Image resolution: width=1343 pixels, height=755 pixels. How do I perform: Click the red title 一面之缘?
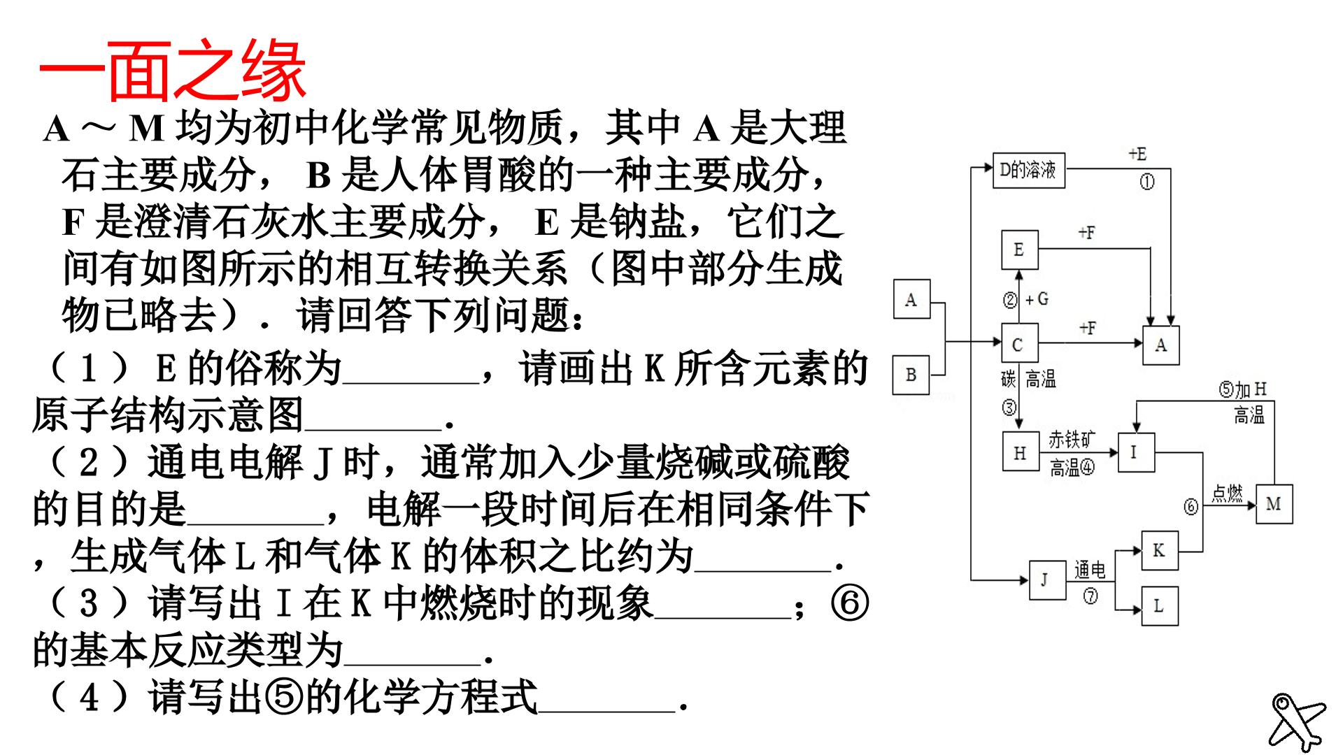(x=173, y=70)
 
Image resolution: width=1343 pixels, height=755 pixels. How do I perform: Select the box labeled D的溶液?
(x=1029, y=170)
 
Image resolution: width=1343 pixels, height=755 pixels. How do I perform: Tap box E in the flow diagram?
(x=1019, y=250)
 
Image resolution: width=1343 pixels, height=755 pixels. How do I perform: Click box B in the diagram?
(x=911, y=375)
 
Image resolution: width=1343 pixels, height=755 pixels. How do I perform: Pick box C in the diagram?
(x=1019, y=343)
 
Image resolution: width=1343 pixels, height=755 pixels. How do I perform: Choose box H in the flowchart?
(x=1021, y=452)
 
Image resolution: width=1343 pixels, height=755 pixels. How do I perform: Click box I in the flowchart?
(x=1135, y=452)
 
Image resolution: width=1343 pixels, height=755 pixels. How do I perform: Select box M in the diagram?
(x=1274, y=504)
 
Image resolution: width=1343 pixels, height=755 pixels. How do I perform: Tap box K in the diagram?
(x=1159, y=550)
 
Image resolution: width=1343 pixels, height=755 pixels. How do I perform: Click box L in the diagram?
(x=1159, y=605)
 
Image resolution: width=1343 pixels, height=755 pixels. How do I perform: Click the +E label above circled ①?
(x=1138, y=154)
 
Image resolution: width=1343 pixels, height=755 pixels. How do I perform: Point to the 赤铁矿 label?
(x=1071, y=439)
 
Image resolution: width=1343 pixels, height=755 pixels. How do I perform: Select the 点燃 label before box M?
(x=1228, y=493)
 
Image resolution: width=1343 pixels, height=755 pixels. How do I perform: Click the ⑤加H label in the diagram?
(x=1242, y=389)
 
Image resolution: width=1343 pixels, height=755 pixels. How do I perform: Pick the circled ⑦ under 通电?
(x=1090, y=596)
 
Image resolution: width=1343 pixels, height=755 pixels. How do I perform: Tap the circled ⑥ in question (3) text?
(x=850, y=603)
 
